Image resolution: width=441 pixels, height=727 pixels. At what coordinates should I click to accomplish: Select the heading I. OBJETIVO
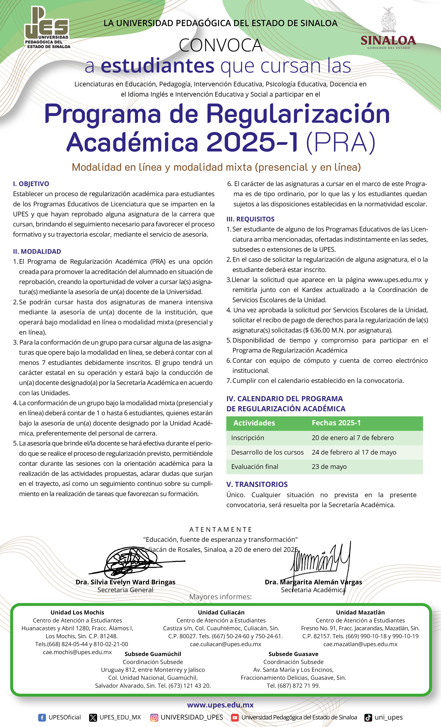pos(31,184)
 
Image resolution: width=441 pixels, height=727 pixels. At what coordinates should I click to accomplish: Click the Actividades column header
pos(254,423)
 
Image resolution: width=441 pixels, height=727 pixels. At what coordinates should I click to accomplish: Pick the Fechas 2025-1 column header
pos(336,423)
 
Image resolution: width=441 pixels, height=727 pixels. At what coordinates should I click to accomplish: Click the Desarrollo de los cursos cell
pos(267,452)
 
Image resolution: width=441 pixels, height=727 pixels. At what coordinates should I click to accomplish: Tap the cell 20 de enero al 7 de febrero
pos(353,438)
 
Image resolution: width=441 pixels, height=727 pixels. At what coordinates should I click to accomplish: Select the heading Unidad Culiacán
pos(221,612)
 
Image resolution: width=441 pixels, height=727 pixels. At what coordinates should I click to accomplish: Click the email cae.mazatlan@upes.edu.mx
pos(360,644)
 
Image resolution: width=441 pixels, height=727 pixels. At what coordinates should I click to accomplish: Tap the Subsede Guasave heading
pos(293,654)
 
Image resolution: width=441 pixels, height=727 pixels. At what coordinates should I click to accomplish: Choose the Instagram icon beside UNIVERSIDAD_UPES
pos(154,717)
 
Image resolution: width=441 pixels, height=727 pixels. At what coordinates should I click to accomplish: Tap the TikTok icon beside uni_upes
pos(368,717)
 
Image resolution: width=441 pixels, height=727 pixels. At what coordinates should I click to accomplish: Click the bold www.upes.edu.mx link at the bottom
pos(220,705)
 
